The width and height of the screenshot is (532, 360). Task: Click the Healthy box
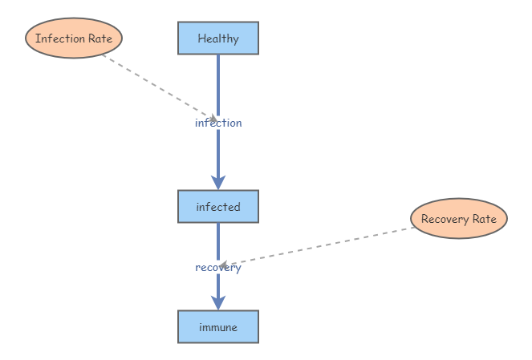pos(218,38)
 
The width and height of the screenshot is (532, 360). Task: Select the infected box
pos(218,206)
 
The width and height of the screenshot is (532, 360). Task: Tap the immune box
pos(218,326)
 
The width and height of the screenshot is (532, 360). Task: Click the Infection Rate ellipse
pos(74,38)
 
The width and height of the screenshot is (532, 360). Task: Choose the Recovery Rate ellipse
pos(459,218)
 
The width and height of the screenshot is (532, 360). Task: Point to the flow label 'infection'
pos(218,123)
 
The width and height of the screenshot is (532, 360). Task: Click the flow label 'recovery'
pos(218,267)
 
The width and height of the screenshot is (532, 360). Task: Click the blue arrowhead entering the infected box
pos(218,182)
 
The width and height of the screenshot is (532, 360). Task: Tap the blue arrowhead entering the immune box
pos(218,302)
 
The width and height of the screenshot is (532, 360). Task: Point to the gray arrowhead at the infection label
pos(213,119)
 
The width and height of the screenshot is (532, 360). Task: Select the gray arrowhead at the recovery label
pos(225,265)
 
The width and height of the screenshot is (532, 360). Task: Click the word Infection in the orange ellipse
pos(60,38)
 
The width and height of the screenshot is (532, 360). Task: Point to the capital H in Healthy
pos(201,38)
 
